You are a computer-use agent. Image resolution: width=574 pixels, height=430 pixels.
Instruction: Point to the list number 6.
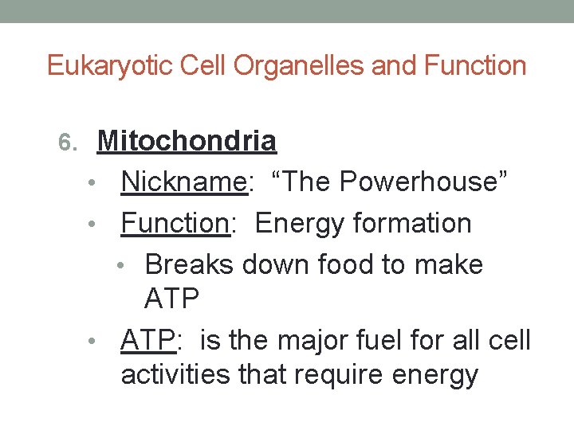tap(69, 143)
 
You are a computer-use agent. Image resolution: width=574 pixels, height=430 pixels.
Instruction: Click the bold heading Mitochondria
tap(187, 142)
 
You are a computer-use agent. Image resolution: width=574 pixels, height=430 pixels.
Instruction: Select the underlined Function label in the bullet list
tap(175, 223)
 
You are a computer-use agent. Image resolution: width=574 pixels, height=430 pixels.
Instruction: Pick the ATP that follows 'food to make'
tap(171, 299)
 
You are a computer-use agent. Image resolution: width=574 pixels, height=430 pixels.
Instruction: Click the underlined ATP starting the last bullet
tap(147, 340)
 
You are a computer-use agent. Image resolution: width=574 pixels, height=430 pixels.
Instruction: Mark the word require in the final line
tap(351, 374)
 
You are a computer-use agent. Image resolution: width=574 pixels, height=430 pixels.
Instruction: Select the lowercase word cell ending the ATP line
tap(508, 340)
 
